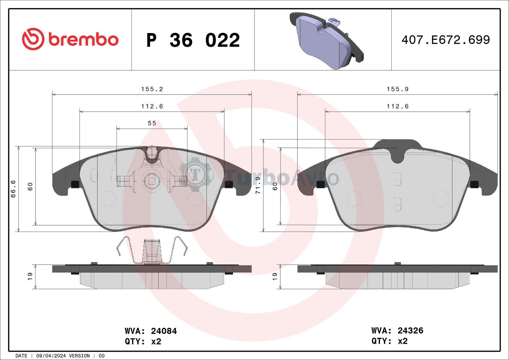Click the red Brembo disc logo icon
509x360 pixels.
click(x=33, y=39)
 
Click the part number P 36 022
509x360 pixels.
click(x=193, y=40)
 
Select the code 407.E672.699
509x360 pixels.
click(x=446, y=40)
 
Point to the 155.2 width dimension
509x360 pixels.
click(x=152, y=89)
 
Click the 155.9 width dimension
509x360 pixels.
click(x=398, y=89)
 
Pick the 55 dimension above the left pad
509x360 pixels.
click(x=152, y=123)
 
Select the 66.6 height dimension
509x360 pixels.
click(x=13, y=189)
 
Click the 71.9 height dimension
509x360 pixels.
click(x=258, y=185)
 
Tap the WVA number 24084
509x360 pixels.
click(x=164, y=331)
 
